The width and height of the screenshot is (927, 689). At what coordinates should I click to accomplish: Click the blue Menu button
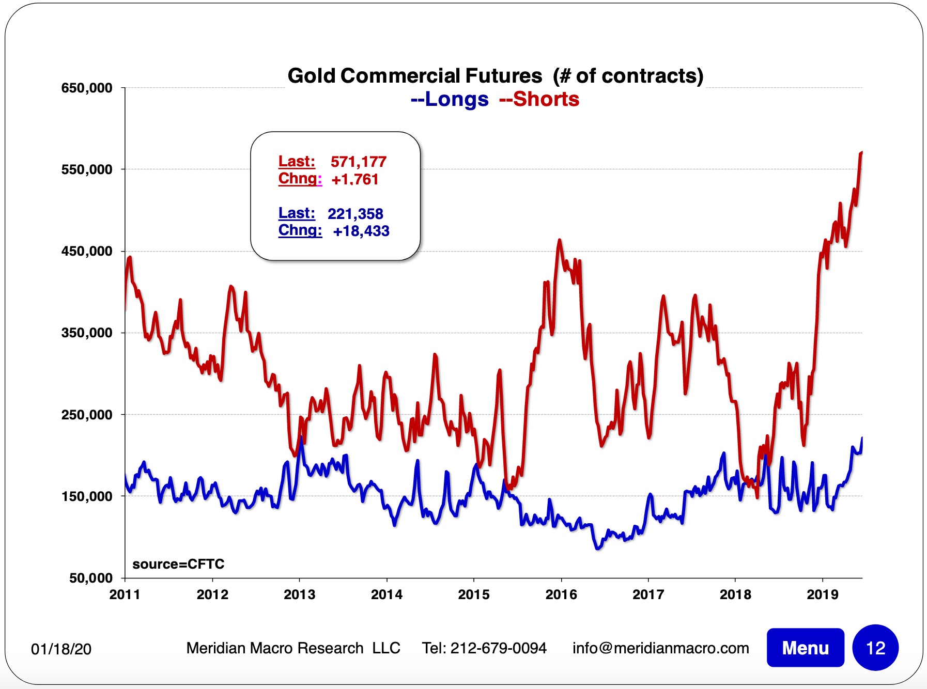(805, 648)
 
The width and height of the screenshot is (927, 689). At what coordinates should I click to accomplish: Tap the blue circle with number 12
(875, 648)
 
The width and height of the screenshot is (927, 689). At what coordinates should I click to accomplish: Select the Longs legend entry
(450, 99)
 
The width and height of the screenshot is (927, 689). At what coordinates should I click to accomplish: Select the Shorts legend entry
(539, 99)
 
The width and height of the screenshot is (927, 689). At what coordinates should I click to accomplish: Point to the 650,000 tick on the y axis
(87, 88)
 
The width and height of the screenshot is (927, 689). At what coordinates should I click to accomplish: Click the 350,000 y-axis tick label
(87, 333)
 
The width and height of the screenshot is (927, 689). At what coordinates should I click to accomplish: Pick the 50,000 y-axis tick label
(91, 578)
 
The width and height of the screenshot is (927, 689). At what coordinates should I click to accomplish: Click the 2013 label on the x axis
(299, 594)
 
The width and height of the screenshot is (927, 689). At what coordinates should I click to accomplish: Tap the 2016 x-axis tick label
(561, 594)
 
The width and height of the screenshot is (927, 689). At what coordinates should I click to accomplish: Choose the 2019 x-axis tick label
(823, 594)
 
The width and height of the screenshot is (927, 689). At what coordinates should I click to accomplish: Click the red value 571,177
(359, 162)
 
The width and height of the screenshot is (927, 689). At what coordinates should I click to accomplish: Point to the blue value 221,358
(356, 213)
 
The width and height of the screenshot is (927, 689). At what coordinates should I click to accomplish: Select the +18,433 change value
(361, 231)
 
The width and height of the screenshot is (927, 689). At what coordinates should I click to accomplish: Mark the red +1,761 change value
(355, 179)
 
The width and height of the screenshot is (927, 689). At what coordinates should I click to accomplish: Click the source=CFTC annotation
(178, 564)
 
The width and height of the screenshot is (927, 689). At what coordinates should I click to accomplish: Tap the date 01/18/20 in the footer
(61, 649)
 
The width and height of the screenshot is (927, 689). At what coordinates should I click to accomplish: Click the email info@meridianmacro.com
(660, 648)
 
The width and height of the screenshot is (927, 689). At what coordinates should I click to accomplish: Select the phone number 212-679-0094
(498, 648)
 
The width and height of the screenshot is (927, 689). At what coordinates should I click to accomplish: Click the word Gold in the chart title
(312, 76)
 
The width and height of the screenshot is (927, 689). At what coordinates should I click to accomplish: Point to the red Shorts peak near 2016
(560, 240)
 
